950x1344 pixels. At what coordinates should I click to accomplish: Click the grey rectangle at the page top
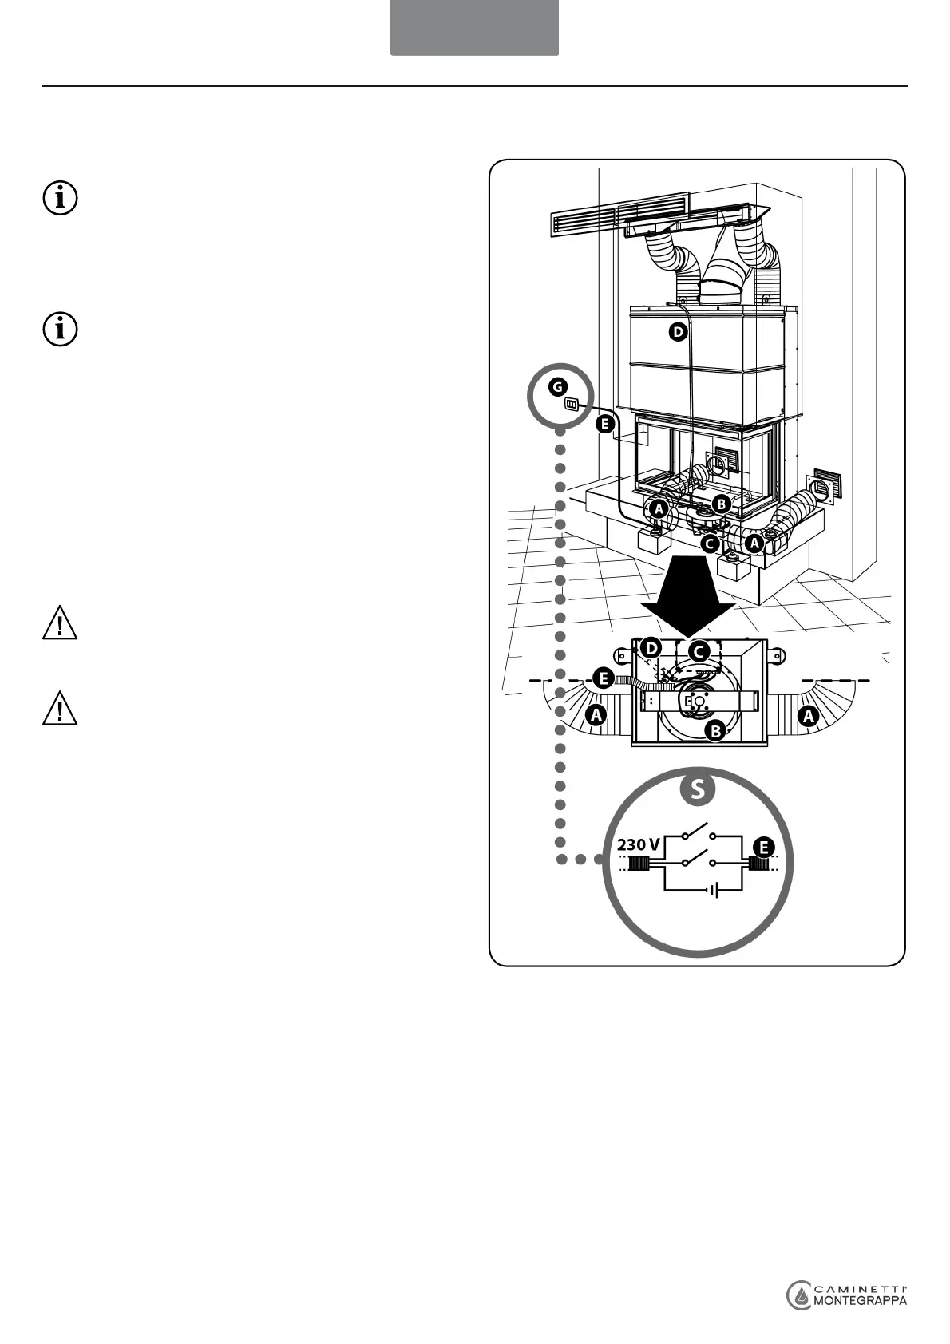click(x=474, y=27)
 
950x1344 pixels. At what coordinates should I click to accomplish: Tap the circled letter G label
click(x=556, y=387)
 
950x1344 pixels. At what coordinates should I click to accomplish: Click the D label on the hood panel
click(x=677, y=333)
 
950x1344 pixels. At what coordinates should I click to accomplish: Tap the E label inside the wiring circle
click(x=764, y=846)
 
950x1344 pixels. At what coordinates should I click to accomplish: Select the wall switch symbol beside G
click(x=572, y=404)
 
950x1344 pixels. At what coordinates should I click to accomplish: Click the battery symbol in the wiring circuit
click(x=714, y=889)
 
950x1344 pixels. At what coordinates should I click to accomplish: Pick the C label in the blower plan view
click(x=699, y=651)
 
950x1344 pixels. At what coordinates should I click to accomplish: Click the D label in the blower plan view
click(x=652, y=647)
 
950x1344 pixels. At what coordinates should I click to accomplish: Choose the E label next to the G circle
click(x=604, y=424)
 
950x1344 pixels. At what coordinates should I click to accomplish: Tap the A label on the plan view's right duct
click(x=809, y=716)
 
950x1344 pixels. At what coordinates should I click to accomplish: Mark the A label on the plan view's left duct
click(x=596, y=716)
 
